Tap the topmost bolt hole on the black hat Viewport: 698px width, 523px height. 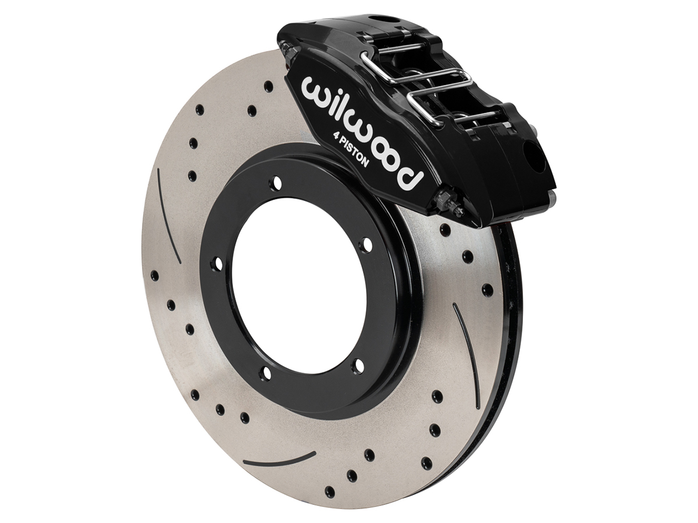click(276, 184)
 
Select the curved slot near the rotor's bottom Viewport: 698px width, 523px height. click(279, 458)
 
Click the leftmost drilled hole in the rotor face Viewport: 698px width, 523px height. click(154, 275)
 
